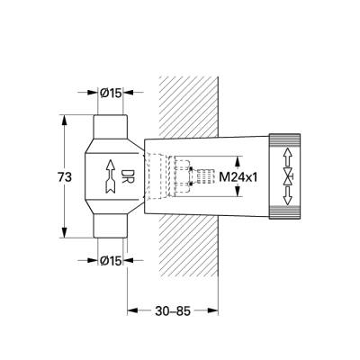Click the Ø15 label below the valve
[111, 261]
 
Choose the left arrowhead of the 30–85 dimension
[132, 311]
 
